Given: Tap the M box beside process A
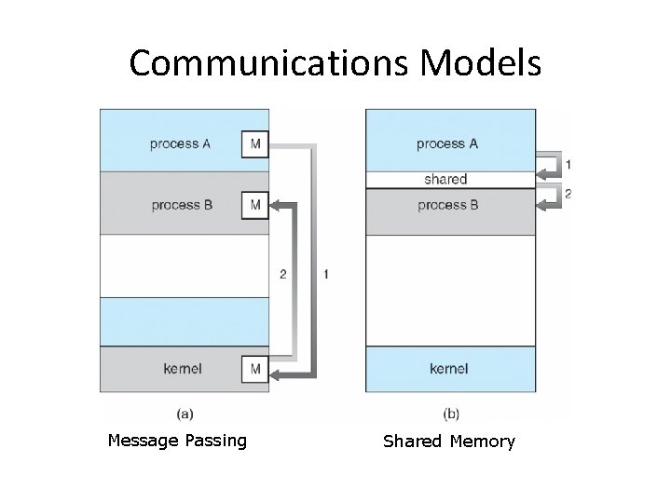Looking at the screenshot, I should [254, 144].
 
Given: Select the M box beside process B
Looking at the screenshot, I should [254, 205].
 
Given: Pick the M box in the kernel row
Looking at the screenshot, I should [254, 370].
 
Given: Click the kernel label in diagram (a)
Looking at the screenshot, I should [182, 370].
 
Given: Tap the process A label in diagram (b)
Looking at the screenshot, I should [447, 144].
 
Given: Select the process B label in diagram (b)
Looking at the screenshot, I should [447, 205].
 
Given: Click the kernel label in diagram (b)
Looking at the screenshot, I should [449, 370].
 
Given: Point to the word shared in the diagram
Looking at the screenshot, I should [445, 179].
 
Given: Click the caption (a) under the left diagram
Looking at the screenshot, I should [184, 413].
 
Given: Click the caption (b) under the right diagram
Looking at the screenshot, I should [450, 413].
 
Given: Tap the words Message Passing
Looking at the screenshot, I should [177, 441].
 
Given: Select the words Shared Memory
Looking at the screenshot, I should [449, 442].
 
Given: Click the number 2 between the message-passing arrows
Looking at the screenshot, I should [283, 274].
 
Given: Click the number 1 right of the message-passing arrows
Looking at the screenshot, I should [325, 274].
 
